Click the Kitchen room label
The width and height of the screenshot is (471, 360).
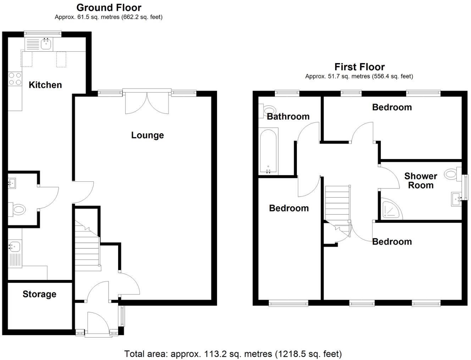[x=45, y=85]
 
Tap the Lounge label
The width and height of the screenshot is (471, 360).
[x=147, y=135]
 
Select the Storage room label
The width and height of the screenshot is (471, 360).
[x=39, y=294]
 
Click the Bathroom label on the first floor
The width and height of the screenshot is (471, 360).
[x=288, y=116]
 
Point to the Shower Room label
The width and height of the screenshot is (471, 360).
[x=421, y=180]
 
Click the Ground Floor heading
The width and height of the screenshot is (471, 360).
[x=109, y=7]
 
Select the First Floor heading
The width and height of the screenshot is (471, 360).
[x=359, y=67]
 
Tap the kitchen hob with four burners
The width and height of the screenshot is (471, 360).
[x=15, y=79]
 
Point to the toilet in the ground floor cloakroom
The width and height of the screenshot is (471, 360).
[x=17, y=209]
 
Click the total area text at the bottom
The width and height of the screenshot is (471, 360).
[x=233, y=354]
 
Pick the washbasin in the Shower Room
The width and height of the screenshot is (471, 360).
[x=456, y=199]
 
